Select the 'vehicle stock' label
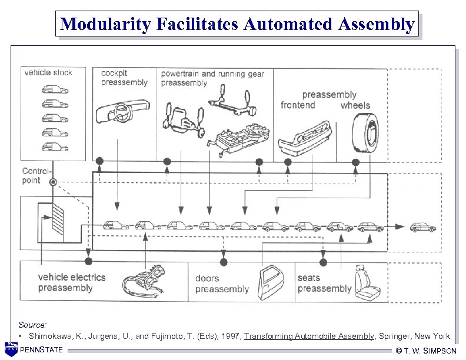[x=48, y=72]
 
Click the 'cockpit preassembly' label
[x=124, y=78]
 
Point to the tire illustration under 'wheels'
[x=365, y=133]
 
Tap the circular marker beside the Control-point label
[x=54, y=182]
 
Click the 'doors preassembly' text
[x=222, y=284]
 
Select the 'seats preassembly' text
[x=324, y=283]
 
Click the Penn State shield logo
[x=11, y=349]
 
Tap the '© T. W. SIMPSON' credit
[x=427, y=351]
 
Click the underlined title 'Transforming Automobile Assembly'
[x=309, y=336]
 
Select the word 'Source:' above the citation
[x=32, y=325]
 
